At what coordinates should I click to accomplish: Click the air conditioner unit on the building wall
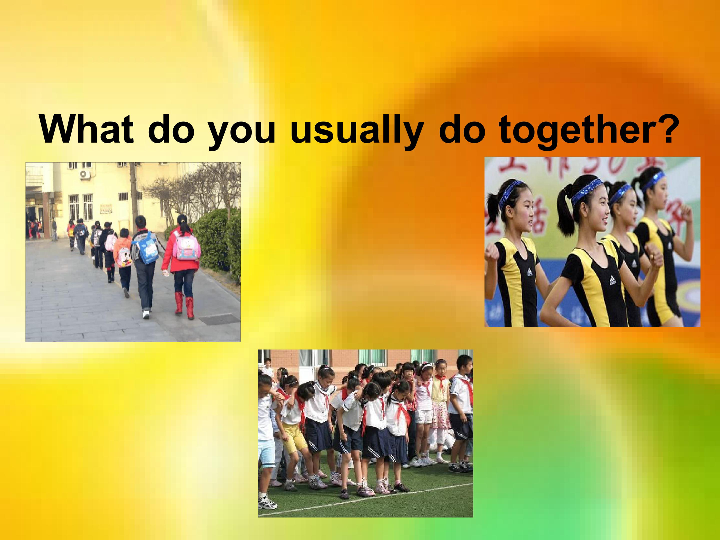pos(85,174)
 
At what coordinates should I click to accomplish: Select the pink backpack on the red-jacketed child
pos(186,248)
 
